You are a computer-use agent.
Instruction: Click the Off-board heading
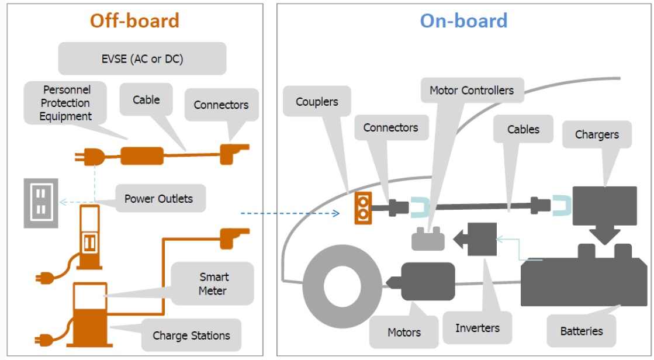tap(134, 21)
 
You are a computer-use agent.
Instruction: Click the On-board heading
tap(463, 21)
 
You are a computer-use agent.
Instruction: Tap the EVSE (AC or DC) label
tap(143, 59)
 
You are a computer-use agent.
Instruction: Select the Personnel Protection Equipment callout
tap(65, 103)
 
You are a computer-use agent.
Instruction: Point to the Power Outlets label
tap(158, 199)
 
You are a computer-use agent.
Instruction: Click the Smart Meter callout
tap(213, 283)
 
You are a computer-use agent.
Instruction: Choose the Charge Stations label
tap(191, 335)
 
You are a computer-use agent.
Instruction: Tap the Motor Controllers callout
tap(471, 91)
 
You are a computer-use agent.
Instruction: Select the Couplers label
tap(317, 102)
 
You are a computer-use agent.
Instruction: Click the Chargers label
tap(597, 134)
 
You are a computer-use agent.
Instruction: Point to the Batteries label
tap(581, 331)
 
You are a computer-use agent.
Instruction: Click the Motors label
tap(404, 332)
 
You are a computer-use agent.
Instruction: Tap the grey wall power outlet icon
tap(40, 203)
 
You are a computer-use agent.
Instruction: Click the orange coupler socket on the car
tap(363, 208)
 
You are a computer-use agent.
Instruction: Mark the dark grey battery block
tap(584, 281)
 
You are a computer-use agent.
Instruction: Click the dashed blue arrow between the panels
tap(289, 213)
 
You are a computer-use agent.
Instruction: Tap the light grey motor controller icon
tap(428, 240)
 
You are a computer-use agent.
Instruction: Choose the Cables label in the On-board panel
tap(523, 129)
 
